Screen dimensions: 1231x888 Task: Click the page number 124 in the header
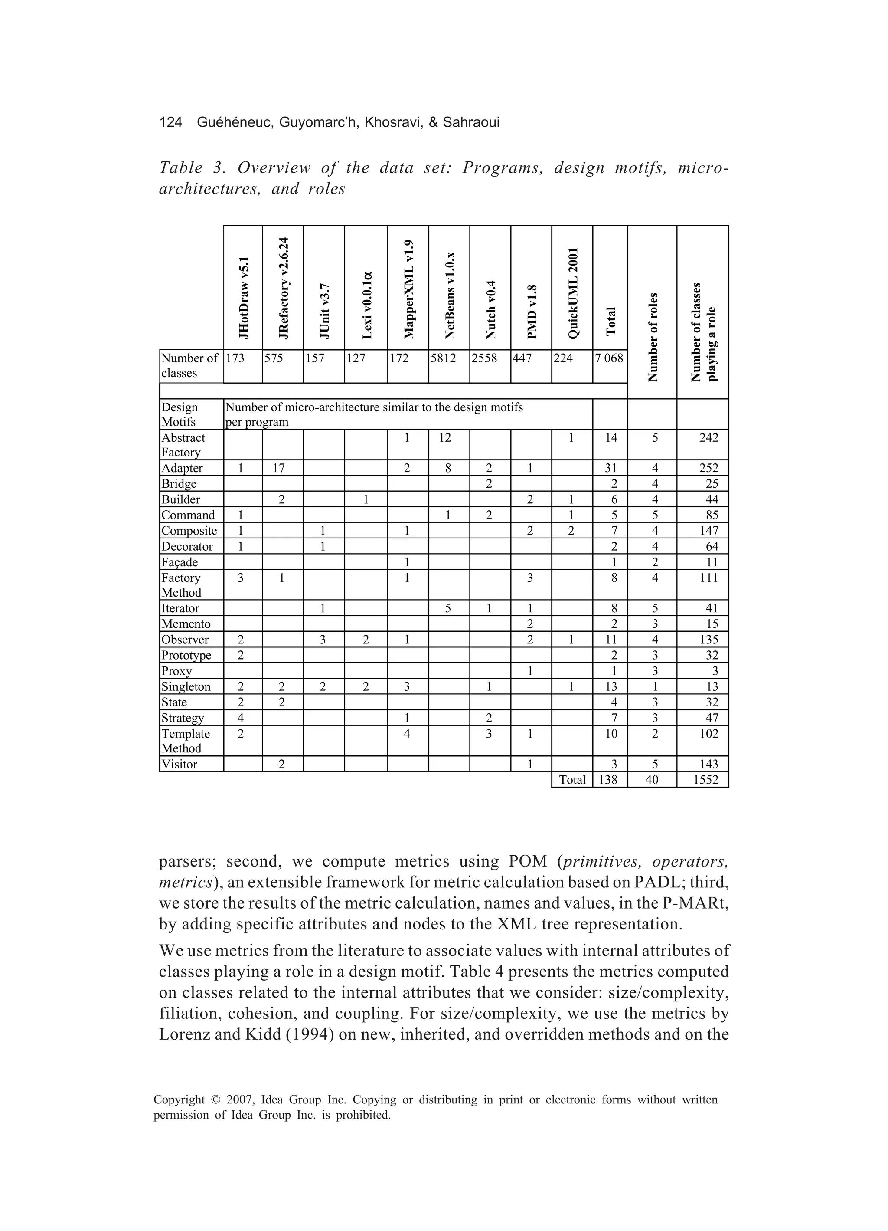click(x=170, y=123)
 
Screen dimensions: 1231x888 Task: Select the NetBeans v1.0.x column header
click(x=449, y=296)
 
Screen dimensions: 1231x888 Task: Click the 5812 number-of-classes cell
click(x=443, y=358)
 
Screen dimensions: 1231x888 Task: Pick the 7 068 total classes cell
click(x=610, y=358)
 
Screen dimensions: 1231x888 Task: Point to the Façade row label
click(x=180, y=562)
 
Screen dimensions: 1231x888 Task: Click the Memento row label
click(x=186, y=624)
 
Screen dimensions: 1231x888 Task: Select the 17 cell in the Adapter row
click(x=279, y=468)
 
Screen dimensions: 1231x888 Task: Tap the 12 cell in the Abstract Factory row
click(x=445, y=437)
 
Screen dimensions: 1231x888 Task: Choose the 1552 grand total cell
click(x=705, y=780)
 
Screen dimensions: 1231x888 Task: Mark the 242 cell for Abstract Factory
click(x=708, y=437)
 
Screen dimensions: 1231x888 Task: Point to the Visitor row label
click(x=180, y=764)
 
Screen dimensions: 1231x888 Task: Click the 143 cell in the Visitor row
click(x=708, y=764)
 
